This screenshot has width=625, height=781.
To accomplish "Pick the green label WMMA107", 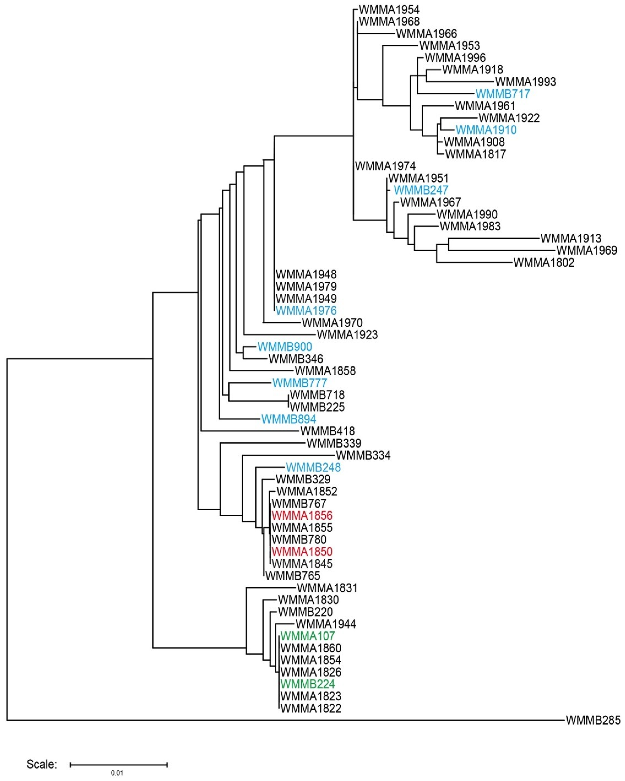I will (x=308, y=636).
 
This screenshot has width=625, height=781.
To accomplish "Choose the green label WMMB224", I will (x=308, y=684).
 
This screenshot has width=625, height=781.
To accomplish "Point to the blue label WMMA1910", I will (x=486, y=130).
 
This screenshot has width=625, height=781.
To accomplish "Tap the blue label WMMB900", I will (x=285, y=347).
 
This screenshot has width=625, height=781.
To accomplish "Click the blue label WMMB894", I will (x=289, y=419).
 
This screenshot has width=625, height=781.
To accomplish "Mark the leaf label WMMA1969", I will (x=587, y=250).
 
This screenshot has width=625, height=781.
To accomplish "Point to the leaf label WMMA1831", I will (x=327, y=588).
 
